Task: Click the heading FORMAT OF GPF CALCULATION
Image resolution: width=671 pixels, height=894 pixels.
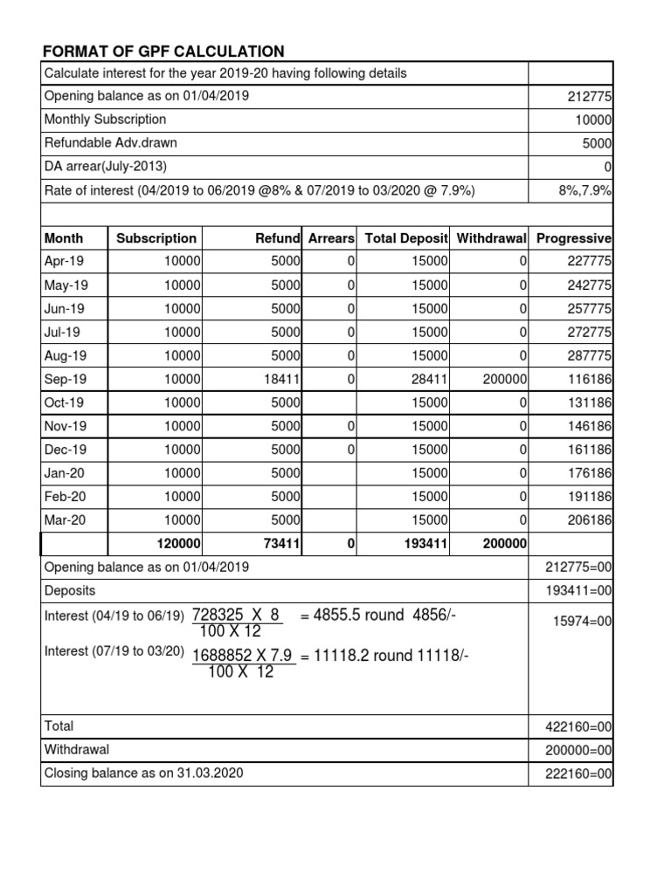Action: point(163,52)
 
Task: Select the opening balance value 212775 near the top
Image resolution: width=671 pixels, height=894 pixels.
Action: point(590,97)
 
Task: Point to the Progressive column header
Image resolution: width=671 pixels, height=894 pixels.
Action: point(573,238)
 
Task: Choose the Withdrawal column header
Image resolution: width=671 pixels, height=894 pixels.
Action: point(492,238)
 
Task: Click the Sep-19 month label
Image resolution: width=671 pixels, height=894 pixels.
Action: point(64,380)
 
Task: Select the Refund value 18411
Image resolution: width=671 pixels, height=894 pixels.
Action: point(280,380)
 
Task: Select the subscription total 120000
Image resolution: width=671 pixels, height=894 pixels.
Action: point(177,544)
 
